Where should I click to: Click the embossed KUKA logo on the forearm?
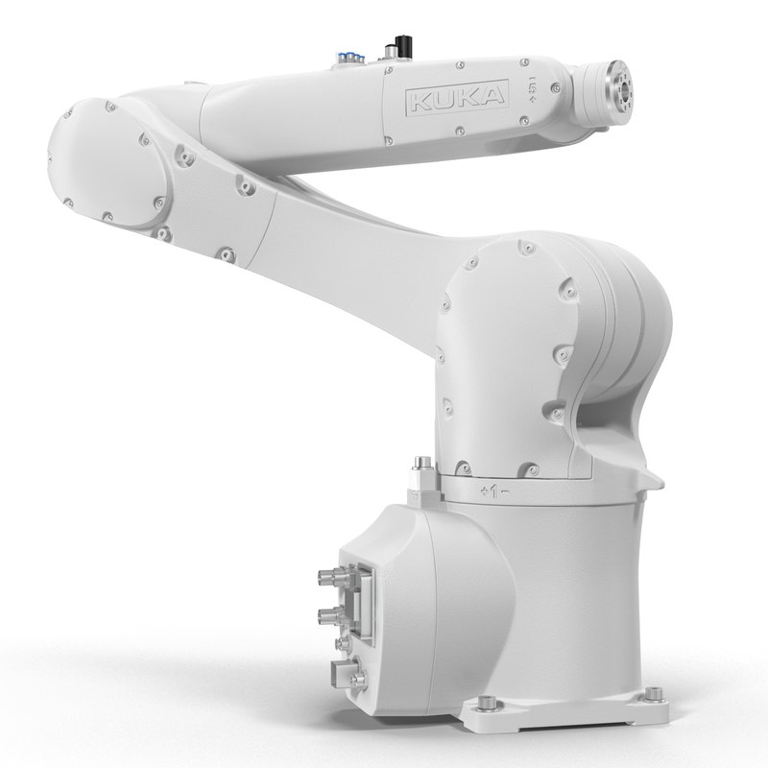click(x=456, y=97)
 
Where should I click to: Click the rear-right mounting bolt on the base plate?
click(x=654, y=693)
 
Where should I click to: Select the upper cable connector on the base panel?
click(x=331, y=578)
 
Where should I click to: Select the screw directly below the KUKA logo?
click(x=460, y=130)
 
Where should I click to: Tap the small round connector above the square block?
click(x=343, y=645)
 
